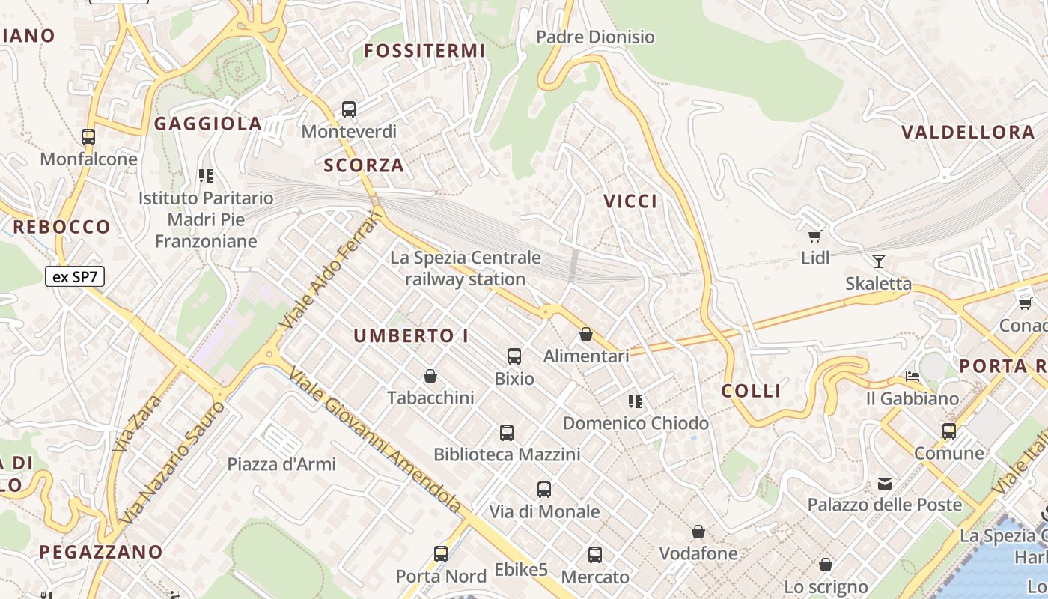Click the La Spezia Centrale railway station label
click(x=465, y=268)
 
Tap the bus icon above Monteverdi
click(x=349, y=109)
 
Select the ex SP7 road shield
click(x=75, y=276)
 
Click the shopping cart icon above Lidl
click(x=815, y=236)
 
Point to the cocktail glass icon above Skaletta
click(x=879, y=261)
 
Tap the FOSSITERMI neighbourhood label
click(x=424, y=51)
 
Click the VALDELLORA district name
click(x=968, y=133)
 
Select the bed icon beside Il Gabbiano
click(x=913, y=376)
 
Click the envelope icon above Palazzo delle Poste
click(x=885, y=483)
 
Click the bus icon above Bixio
click(x=514, y=356)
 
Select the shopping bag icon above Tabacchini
click(x=430, y=375)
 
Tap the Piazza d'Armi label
click(x=281, y=463)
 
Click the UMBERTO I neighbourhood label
click(x=411, y=336)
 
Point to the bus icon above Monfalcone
click(x=88, y=137)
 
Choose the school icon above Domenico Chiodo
click(x=636, y=401)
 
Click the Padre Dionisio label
click(x=595, y=37)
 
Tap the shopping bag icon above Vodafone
click(x=698, y=532)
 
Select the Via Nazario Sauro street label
click(x=171, y=463)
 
